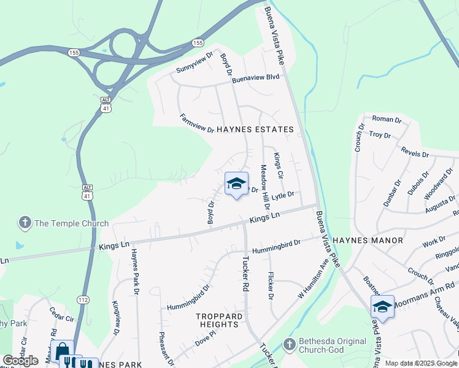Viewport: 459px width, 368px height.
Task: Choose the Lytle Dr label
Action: (x=283, y=195)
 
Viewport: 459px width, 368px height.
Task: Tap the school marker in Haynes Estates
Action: (x=236, y=183)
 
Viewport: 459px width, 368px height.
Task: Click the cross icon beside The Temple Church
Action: (x=25, y=223)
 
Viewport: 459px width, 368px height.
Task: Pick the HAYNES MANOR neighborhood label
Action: (x=368, y=240)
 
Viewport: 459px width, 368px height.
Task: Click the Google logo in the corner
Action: (x=20, y=361)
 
